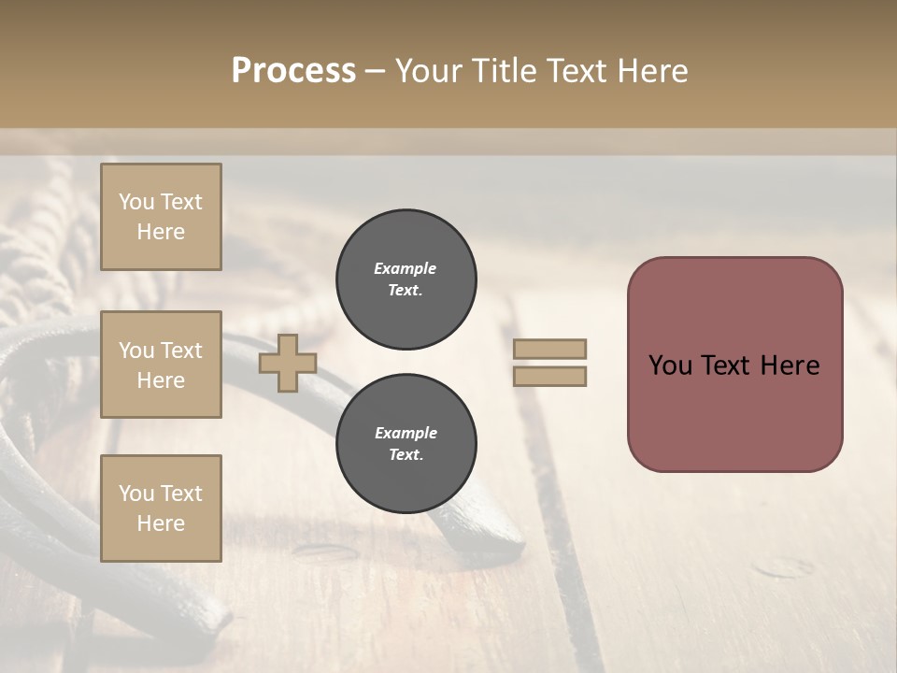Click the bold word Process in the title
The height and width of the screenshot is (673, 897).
pyautogui.click(x=293, y=71)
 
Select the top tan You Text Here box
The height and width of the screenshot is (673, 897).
pyautogui.click(x=161, y=217)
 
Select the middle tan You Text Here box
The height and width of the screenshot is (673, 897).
pyautogui.click(x=161, y=365)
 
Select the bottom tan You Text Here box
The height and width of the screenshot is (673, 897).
pyautogui.click(x=161, y=508)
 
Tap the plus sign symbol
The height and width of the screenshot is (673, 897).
pyautogui.click(x=287, y=363)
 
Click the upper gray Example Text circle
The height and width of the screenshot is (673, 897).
pyautogui.click(x=406, y=279)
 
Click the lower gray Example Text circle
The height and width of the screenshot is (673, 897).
pyautogui.click(x=406, y=444)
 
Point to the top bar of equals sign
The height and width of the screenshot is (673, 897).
pyautogui.click(x=549, y=349)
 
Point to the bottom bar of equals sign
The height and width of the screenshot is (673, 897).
pyautogui.click(x=549, y=377)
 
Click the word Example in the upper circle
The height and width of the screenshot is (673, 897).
pyautogui.click(x=406, y=269)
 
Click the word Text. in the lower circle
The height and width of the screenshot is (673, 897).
pyautogui.click(x=406, y=455)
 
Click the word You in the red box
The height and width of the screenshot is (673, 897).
pyautogui.click(x=669, y=365)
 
